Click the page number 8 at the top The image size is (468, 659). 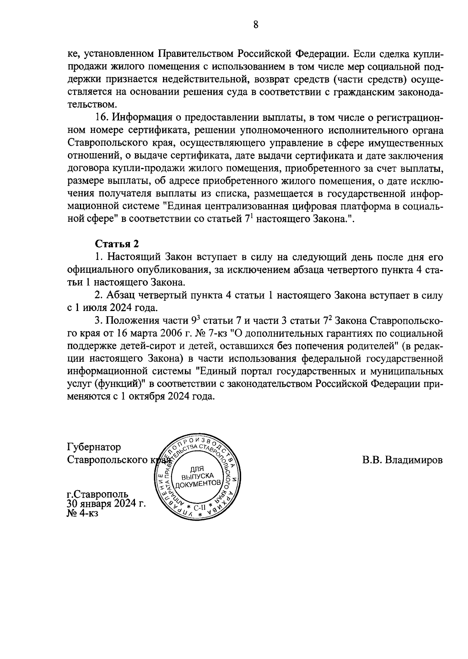tap(255, 25)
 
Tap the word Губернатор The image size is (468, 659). tap(94, 447)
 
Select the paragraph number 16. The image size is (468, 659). tap(101, 118)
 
